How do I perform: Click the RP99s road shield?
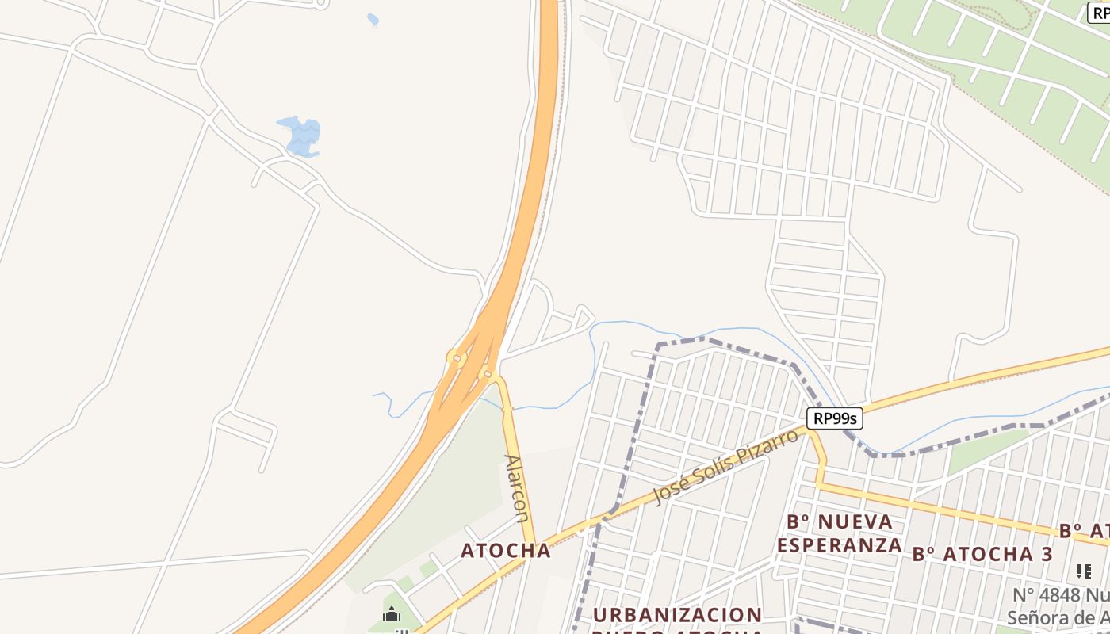click(835, 418)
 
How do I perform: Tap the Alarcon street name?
click(516, 488)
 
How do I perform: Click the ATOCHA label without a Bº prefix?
click(506, 550)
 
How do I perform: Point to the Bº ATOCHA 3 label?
click(982, 554)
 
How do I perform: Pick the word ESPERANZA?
click(840, 545)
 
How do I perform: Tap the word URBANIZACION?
click(678, 615)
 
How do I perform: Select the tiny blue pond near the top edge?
click(373, 19)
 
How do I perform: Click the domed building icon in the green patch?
click(392, 615)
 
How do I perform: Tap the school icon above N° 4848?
click(1084, 571)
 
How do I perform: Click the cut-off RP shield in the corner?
click(1099, 12)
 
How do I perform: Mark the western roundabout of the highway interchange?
click(455, 357)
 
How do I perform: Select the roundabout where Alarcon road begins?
click(488, 373)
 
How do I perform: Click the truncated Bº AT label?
click(1085, 530)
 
